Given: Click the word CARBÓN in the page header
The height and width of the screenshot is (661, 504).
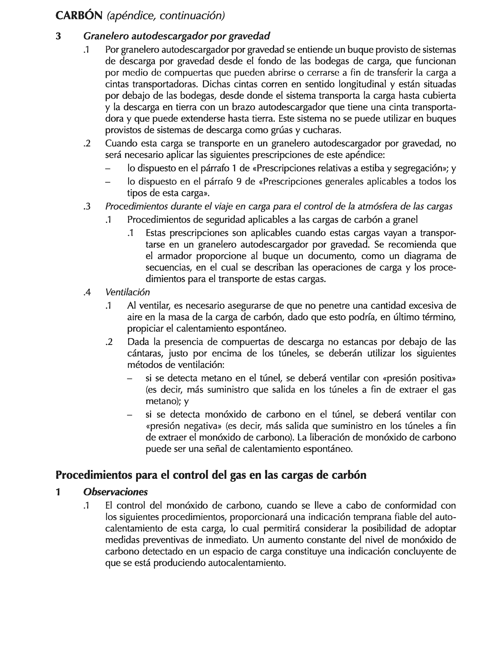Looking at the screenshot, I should (x=79, y=16).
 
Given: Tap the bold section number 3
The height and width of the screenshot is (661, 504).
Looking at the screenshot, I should (x=59, y=36).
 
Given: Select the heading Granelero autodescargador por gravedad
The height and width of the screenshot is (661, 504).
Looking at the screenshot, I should (x=177, y=36).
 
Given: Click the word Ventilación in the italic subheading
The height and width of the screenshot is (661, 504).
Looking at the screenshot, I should (x=128, y=292).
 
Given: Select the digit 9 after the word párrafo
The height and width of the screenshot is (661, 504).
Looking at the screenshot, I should (x=239, y=181).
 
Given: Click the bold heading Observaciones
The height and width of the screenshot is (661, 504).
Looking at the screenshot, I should (x=115, y=492).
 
